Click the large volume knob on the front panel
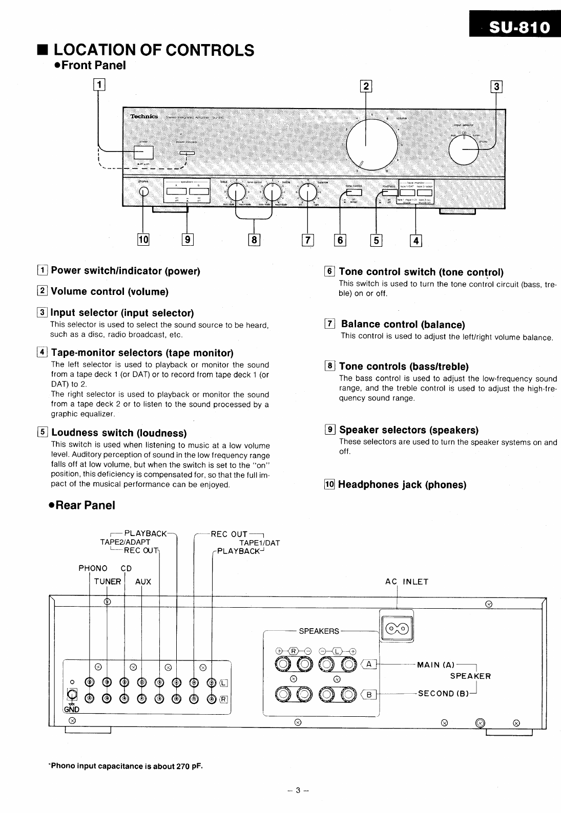coord(372,145)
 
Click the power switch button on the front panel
coord(144,152)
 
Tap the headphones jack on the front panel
coord(144,191)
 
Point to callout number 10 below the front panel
coord(143,239)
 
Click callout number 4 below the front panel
coord(415,240)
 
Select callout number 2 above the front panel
coord(366,86)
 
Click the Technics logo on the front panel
coord(144,117)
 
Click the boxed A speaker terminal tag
coord(369,665)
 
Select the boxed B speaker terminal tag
coord(369,695)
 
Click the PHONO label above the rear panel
coord(93,568)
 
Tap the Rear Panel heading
coord(81,505)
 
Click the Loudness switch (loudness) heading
coord(119,433)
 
